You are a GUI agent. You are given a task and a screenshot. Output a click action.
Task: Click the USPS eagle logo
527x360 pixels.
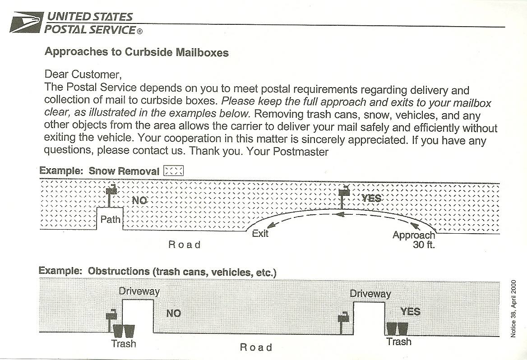coord(27,22)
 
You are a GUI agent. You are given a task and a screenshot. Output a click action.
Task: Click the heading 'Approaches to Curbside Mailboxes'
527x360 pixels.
coord(136,52)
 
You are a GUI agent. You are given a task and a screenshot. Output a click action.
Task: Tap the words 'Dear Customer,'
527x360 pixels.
coord(83,74)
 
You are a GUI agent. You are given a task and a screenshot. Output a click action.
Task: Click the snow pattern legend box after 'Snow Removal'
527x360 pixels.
coord(174,171)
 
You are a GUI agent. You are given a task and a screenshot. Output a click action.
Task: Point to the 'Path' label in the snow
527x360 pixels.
coord(110,220)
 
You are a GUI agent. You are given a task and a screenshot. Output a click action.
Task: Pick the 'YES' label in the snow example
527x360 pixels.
coord(371,198)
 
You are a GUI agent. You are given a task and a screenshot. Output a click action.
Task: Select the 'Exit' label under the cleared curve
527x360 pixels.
coord(260,233)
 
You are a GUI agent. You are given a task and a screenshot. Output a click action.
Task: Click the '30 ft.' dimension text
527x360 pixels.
coord(424,246)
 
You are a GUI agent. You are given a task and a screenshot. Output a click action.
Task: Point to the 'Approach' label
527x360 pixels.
coord(413,235)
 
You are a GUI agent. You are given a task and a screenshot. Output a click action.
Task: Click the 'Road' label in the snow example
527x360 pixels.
coord(184,245)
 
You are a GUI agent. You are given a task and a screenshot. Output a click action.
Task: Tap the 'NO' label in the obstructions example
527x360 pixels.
coord(173,313)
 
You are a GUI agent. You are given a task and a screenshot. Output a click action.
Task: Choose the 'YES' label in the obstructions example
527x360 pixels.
coord(410,311)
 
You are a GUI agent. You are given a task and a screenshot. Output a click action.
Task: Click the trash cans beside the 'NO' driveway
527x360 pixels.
coord(124,331)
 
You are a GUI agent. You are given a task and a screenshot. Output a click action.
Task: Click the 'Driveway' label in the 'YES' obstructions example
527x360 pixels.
coord(370,294)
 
